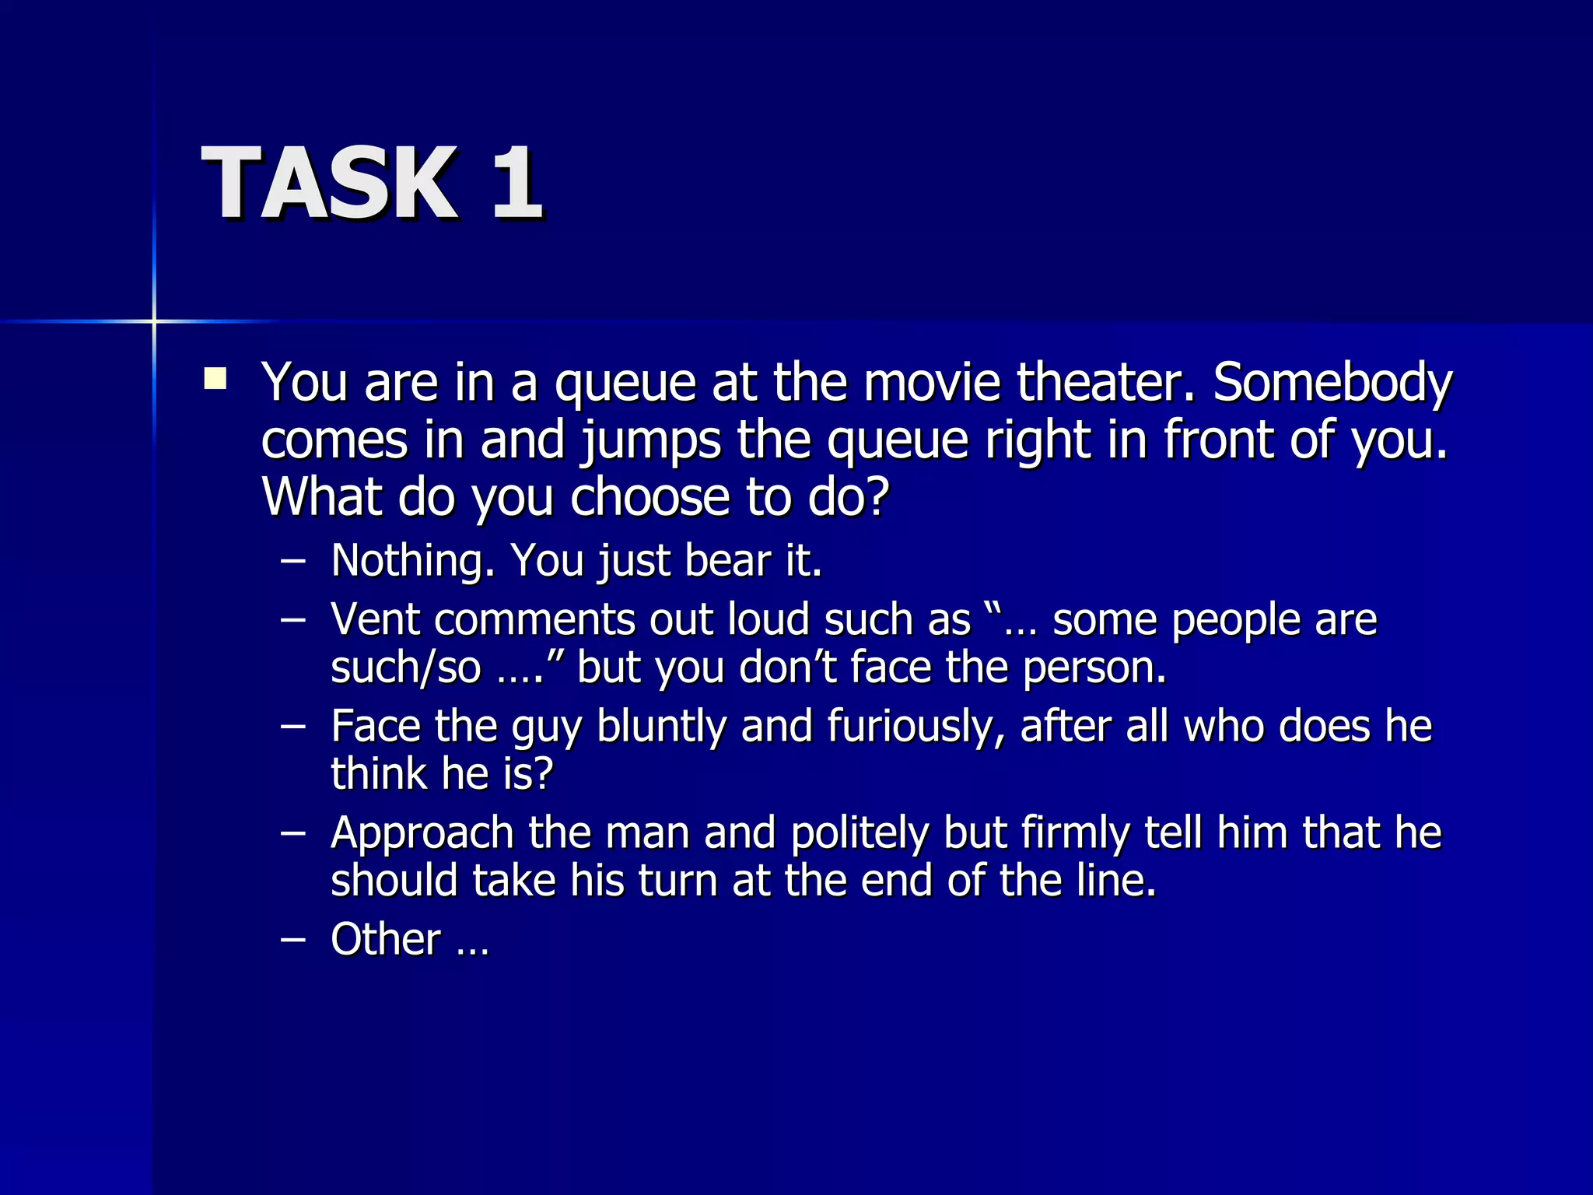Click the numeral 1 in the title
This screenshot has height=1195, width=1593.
[x=516, y=184]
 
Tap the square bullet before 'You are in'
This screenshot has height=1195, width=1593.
[x=215, y=379]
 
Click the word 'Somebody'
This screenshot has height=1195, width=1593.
[x=1332, y=384]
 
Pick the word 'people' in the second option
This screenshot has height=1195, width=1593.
[x=1235, y=621]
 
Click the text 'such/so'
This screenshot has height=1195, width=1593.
[x=405, y=668]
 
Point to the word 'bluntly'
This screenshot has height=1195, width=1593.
[x=661, y=727]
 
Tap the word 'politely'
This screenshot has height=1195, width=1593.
[x=860, y=834]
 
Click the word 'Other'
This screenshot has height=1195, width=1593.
[x=385, y=939]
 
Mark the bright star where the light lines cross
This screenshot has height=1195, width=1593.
[x=154, y=321]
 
